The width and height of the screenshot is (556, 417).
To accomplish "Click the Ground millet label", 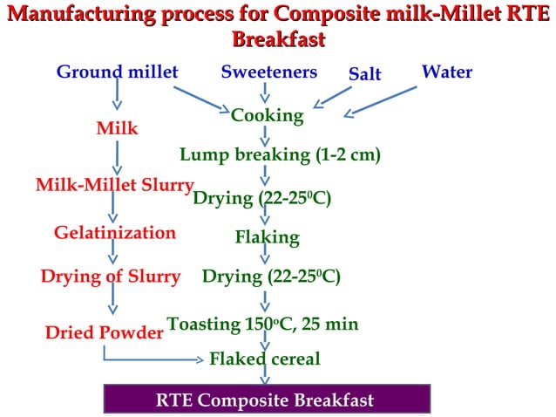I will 117,72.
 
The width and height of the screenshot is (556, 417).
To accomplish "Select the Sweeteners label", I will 268,72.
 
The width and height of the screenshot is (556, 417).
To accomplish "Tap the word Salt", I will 365,74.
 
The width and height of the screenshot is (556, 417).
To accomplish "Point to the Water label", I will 447,72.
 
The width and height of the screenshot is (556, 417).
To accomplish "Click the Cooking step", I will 268,114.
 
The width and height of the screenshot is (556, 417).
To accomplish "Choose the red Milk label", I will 117,128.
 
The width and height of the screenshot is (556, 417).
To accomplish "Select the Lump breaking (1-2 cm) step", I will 280,155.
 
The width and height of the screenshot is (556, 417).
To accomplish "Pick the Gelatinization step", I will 115,233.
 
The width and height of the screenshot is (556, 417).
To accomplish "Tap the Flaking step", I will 267,237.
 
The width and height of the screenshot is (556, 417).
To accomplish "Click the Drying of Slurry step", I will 111,277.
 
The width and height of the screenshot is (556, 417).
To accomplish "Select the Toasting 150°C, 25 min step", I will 262,325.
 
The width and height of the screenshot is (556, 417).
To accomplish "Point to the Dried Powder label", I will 105,332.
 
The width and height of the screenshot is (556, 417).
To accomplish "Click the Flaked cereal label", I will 265,359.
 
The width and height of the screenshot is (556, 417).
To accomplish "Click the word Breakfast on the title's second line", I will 279,39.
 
